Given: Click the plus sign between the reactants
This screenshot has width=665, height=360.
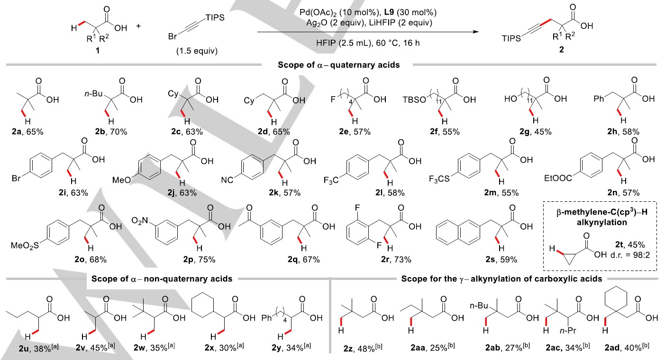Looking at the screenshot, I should pos(139,26).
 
